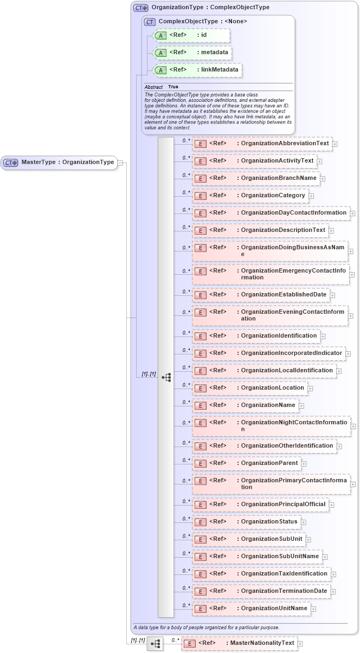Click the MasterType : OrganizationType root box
tap(59, 162)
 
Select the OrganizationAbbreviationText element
tap(262, 144)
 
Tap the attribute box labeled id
tap(192, 35)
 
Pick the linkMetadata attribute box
tap(198, 70)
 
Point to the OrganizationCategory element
tap(250, 195)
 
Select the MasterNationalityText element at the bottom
tap(239, 643)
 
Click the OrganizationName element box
tap(246, 405)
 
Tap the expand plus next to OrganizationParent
tap(304, 463)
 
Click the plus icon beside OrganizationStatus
tap(304, 522)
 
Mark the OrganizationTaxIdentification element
tap(262, 574)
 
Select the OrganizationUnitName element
tap(252, 609)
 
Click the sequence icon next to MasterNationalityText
tap(155, 644)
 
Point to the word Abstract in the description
tap(153, 87)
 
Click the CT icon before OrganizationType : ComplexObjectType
tap(141, 8)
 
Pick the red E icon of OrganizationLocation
tap(200, 388)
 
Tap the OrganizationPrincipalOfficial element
tap(261, 505)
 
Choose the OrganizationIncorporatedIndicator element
tap(269, 353)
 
